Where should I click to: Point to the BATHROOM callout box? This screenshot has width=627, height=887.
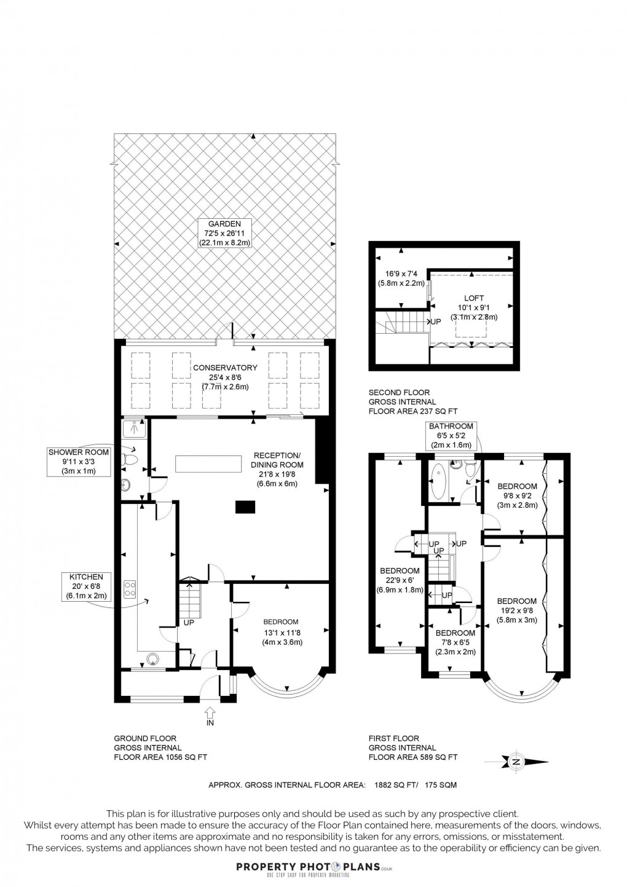pyautogui.click(x=451, y=435)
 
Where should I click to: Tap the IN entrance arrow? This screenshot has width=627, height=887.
pyautogui.click(x=210, y=714)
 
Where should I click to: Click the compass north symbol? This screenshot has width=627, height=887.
pyautogui.click(x=517, y=762)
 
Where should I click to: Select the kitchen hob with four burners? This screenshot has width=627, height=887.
pyautogui.click(x=130, y=589)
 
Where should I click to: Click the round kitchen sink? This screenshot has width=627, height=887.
pyautogui.click(x=152, y=660)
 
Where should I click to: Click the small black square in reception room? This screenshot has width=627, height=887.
pyautogui.click(x=245, y=507)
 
